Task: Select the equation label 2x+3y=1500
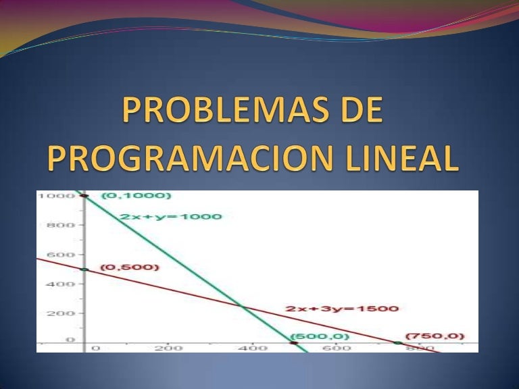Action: [x=342, y=309]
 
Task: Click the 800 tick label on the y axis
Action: [x=55, y=225]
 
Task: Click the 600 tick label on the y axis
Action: [x=55, y=255]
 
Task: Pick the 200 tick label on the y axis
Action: [x=55, y=313]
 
